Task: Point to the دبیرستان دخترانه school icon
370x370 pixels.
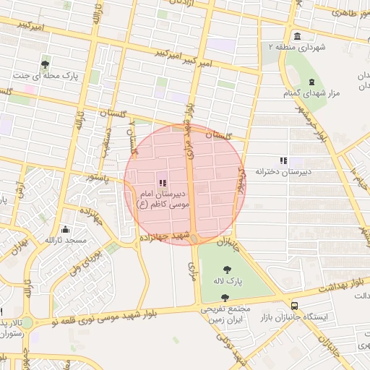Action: coord(283,160)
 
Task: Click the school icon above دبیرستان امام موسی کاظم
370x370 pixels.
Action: coord(162,184)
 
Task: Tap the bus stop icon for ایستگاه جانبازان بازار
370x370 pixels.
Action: coord(293,306)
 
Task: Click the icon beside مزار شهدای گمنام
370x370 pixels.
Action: coord(311,82)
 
